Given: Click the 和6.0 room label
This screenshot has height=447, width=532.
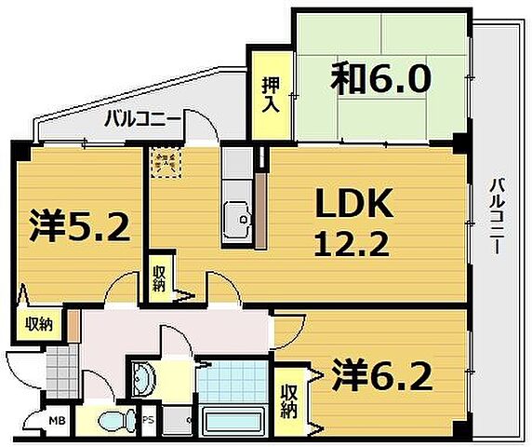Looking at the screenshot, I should [379, 80].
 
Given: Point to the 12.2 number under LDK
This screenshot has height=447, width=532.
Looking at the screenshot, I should [343, 246].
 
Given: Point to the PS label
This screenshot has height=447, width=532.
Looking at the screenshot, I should [147, 419].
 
